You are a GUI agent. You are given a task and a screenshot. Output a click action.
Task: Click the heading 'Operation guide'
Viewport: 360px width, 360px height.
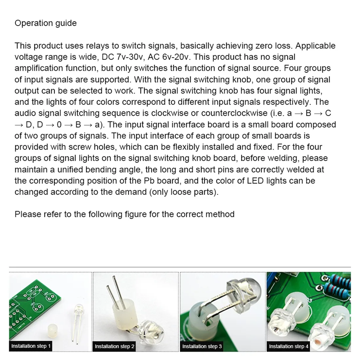click(45, 23)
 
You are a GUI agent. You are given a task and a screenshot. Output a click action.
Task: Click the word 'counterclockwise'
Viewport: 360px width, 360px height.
click(234, 113)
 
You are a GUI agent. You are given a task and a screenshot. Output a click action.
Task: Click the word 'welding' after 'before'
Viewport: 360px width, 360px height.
click(283, 158)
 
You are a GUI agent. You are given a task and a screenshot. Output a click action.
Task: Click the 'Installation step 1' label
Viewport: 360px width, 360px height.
click(31, 346)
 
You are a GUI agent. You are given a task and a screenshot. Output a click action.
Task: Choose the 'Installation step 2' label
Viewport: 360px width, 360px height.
click(115, 346)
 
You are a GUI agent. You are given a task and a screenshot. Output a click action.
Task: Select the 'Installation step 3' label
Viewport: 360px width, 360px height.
click(202, 346)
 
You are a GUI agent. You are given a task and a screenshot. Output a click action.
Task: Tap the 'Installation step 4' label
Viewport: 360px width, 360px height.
click(288, 346)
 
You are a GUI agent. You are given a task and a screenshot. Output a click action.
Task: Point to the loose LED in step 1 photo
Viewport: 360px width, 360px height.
click(79, 311)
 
